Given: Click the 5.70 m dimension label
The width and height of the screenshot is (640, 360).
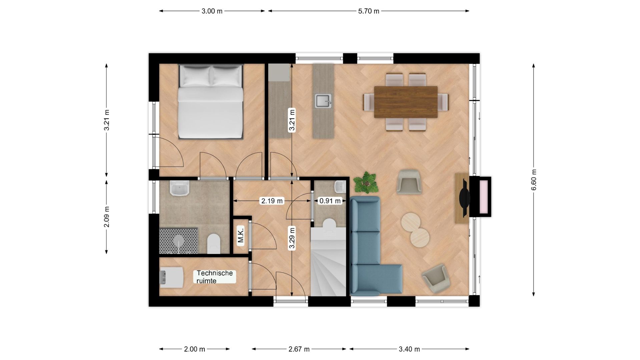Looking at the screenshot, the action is (369, 11).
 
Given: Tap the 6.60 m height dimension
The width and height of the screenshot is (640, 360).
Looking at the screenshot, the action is (534, 180).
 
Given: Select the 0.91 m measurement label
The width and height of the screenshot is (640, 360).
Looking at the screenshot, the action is (330, 201).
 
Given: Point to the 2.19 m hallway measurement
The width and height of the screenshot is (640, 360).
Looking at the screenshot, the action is (272, 201).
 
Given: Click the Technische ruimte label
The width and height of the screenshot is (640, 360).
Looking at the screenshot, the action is (214, 277).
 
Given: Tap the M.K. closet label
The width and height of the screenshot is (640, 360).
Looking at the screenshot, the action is (241, 235).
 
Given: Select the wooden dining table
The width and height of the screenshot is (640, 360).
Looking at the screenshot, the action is (406, 102).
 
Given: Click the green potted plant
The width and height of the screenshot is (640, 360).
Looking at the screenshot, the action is (366, 183).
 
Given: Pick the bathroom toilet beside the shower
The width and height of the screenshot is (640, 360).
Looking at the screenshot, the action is (214, 243).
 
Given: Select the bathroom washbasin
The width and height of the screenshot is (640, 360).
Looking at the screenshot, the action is (180, 188).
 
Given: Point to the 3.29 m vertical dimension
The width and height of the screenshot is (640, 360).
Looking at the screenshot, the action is (292, 238).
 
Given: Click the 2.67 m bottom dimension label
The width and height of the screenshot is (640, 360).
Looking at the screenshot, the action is (299, 349).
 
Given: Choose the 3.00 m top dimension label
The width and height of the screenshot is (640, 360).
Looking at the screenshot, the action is (212, 11).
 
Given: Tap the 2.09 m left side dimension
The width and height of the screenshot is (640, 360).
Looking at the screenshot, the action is (106, 217).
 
